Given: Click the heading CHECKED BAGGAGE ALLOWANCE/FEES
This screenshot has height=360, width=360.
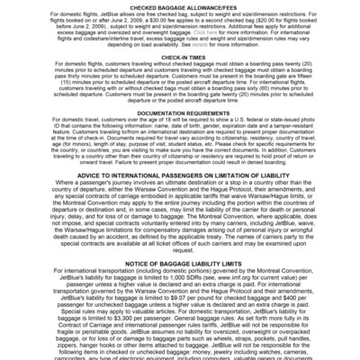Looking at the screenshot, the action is coord(180,5).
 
